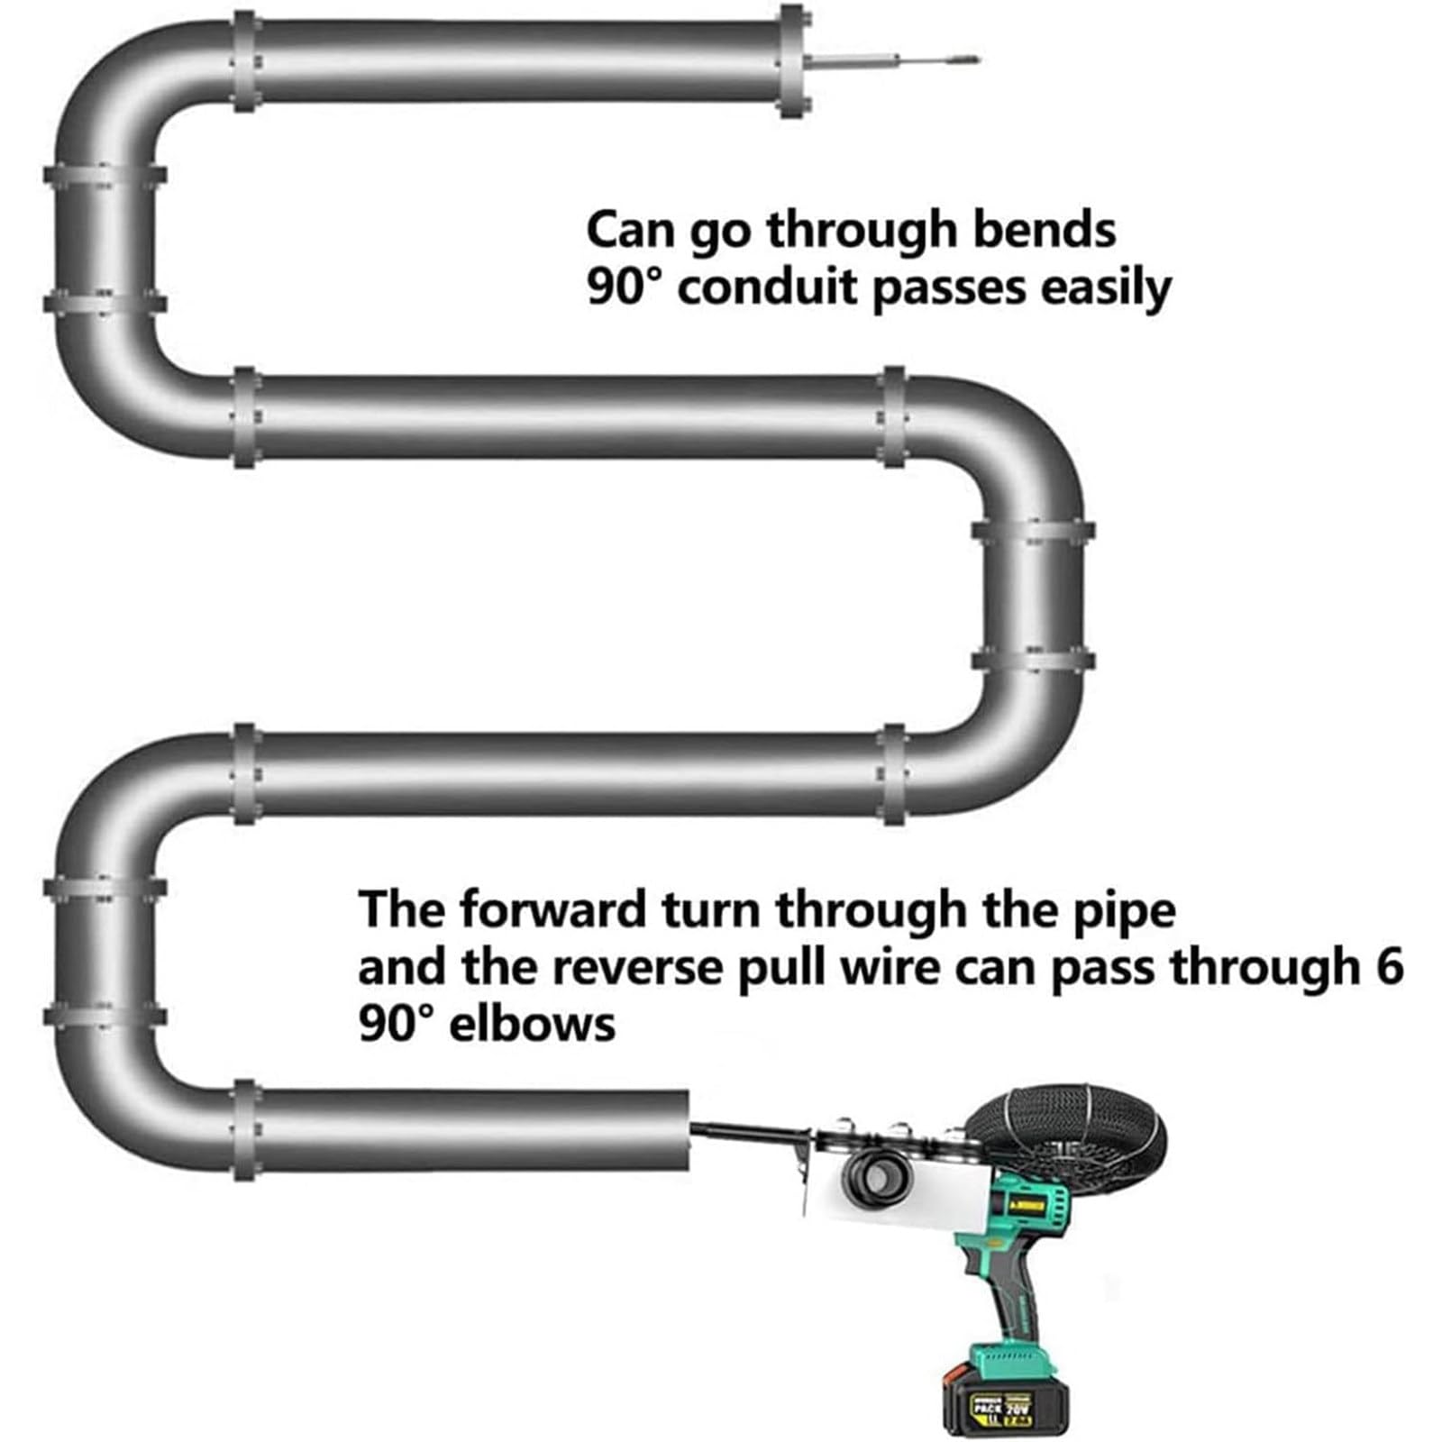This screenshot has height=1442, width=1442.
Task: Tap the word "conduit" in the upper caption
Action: point(765,288)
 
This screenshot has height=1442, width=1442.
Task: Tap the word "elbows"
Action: point(532,1024)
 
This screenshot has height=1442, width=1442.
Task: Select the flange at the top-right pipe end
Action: point(793,61)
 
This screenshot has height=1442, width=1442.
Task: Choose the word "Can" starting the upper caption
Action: point(630,230)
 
